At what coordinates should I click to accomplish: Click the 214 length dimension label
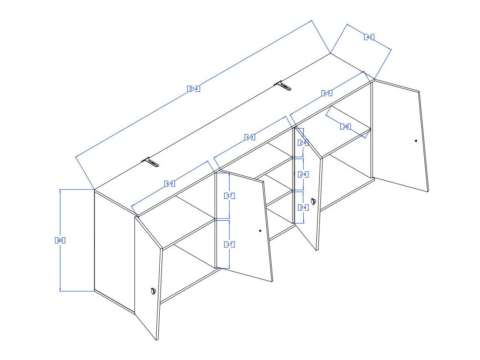pos(193,89)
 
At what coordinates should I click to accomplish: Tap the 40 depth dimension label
pos(369,37)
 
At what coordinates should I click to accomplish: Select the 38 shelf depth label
pos(346,126)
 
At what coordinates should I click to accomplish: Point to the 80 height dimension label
pos(60,240)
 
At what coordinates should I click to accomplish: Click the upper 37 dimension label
pos(229,196)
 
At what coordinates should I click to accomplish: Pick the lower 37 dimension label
pos(229,245)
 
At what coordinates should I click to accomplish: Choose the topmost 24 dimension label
pos(303,142)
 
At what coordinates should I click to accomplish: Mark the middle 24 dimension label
pos(303,174)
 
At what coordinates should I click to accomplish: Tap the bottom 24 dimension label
pos(303,207)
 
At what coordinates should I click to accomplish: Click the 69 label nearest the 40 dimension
pos(327,93)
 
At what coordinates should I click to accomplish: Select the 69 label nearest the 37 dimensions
pos(170,184)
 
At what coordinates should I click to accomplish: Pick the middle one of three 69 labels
pos(249,137)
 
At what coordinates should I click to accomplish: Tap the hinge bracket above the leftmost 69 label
pos(150,162)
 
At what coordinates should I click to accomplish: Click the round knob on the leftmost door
pos(153,291)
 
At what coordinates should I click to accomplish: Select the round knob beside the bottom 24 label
pos(312,201)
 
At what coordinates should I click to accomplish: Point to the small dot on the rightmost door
pos(416,141)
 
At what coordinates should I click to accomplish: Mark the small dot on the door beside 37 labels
pos(260,231)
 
